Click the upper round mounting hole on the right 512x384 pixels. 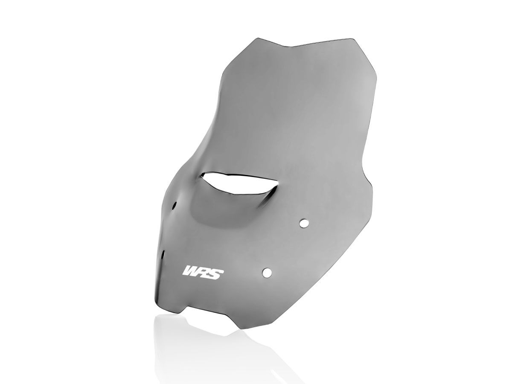[x=304, y=223]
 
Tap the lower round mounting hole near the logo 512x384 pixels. [x=267, y=272]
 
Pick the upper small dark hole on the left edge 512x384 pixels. [x=175, y=205]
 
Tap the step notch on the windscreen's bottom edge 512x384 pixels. [x=188, y=308]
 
